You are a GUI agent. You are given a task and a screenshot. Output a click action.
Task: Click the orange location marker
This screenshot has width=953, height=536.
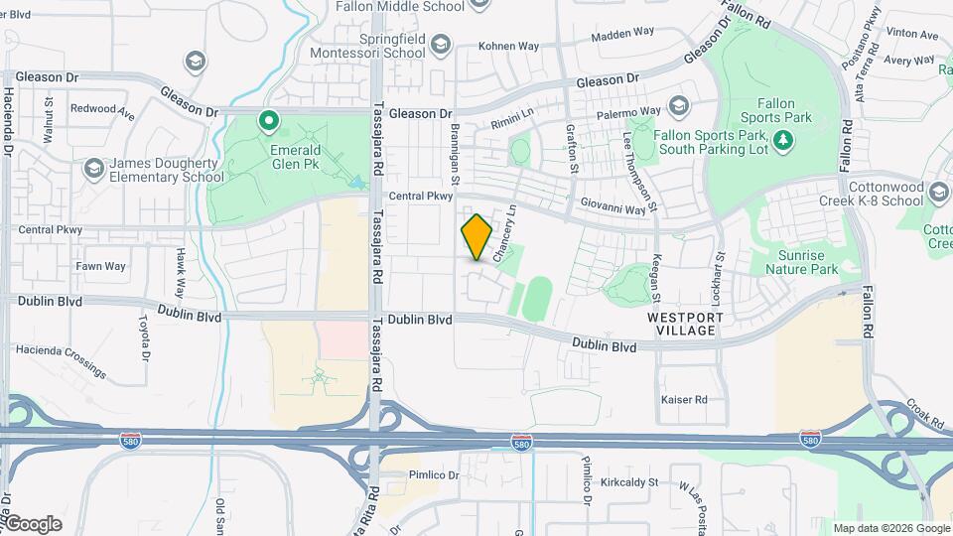pos(477,237)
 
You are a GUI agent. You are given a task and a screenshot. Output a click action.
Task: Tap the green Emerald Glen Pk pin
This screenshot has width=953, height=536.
pos(268,121)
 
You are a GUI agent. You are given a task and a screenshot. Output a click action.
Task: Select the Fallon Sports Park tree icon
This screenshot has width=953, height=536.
pos(784,140)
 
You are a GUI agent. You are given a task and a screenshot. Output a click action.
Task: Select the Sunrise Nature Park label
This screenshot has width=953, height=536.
pos(808,262)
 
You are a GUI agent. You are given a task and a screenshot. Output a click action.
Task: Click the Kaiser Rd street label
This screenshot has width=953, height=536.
pos(684,399)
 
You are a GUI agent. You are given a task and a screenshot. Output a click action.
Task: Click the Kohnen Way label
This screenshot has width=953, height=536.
pos(508,46)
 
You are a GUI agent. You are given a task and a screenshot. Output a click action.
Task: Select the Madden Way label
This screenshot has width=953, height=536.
pos(623,36)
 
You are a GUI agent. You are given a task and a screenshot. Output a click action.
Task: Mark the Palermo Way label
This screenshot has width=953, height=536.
pos(629,111)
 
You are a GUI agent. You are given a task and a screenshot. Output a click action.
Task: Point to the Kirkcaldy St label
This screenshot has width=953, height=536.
pos(630,479)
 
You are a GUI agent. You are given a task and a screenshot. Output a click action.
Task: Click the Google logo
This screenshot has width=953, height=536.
pos(33,524)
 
